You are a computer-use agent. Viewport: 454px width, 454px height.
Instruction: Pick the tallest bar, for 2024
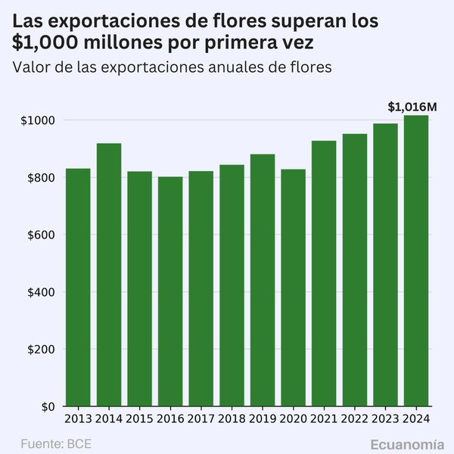pyautogui.click(x=416, y=261)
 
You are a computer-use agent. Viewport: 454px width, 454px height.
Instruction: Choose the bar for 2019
pyautogui.click(x=263, y=280)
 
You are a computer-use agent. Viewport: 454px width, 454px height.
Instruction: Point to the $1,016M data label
pyautogui.click(x=412, y=107)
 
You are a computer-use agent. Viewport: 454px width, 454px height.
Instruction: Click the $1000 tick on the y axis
pyautogui.click(x=37, y=121)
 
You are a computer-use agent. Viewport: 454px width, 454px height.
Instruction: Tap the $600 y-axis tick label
pyautogui.click(x=40, y=235)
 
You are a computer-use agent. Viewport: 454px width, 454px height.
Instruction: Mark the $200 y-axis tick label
pyautogui.click(x=40, y=350)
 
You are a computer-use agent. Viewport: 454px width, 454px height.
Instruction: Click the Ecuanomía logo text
pyautogui.click(x=407, y=443)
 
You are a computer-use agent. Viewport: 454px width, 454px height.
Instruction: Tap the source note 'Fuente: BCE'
pyautogui.click(x=55, y=443)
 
